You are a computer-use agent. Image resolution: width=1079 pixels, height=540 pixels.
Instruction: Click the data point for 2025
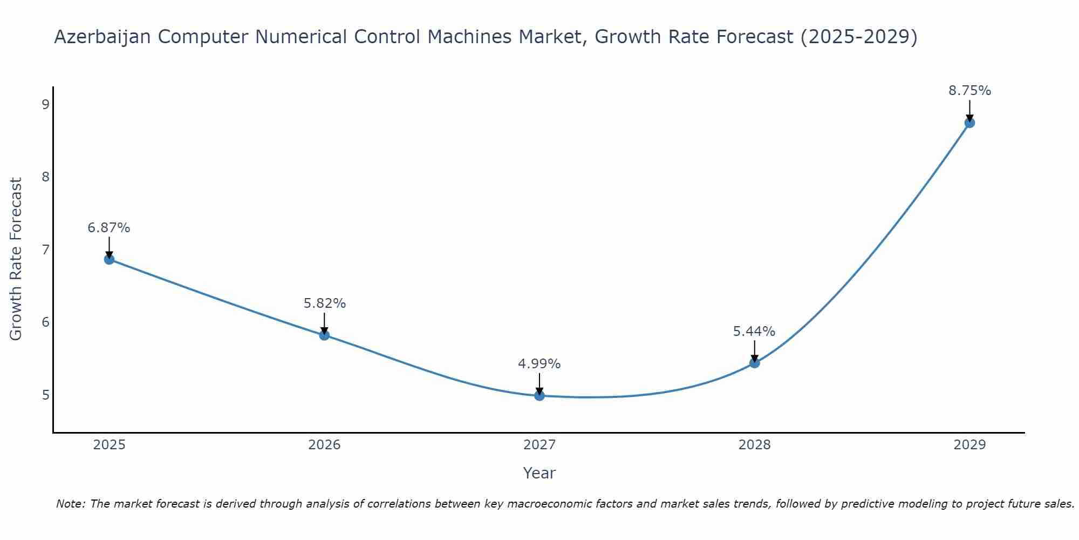pos(109,259)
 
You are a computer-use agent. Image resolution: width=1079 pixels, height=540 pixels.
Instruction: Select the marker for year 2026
pos(324,335)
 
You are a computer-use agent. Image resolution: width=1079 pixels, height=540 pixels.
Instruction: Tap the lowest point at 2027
pos(539,395)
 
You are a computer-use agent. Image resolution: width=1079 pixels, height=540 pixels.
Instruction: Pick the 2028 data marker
pos(754,363)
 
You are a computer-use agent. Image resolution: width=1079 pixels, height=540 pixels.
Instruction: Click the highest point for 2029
pos(969,123)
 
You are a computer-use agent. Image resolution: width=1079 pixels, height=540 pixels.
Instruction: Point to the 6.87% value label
pos(109,228)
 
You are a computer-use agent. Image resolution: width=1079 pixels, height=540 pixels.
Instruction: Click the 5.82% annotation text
pos(324,303)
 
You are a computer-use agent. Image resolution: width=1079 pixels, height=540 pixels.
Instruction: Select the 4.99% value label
pos(539,364)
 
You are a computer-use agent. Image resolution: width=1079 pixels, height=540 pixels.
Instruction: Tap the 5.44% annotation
pos(754,331)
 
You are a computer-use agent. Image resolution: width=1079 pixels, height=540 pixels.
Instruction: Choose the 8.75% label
pos(969,91)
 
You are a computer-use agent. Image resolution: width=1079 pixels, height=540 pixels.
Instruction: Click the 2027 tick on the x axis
pos(539,445)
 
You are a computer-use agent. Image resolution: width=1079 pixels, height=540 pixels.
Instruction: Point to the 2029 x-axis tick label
pos(969,445)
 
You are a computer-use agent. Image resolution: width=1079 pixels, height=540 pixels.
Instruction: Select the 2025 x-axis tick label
pos(109,445)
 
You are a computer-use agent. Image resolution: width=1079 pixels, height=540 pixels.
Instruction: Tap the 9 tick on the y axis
pos(45,104)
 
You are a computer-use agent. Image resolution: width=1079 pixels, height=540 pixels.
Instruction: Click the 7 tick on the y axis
pos(45,249)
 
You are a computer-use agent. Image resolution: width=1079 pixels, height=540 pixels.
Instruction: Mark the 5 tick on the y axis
pos(45,395)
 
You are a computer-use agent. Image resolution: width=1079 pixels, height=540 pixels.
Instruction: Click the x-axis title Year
pos(539,473)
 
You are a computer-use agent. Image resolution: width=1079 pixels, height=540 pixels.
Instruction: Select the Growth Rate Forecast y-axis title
pos(16,259)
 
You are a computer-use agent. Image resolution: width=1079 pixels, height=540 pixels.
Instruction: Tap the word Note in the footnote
pos(70,504)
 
